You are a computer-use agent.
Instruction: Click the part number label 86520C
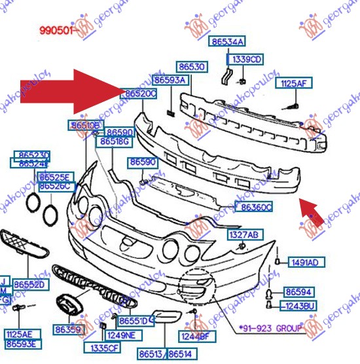click(x=140, y=94)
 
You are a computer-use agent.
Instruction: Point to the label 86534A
click(x=227, y=42)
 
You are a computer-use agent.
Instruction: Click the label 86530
click(x=192, y=67)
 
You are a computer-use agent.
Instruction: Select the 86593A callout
click(x=170, y=81)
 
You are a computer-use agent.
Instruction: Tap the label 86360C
click(x=256, y=207)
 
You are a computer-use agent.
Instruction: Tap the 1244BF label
click(x=195, y=337)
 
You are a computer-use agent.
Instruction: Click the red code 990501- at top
click(x=56, y=30)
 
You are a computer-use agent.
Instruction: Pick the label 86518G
click(x=115, y=141)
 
